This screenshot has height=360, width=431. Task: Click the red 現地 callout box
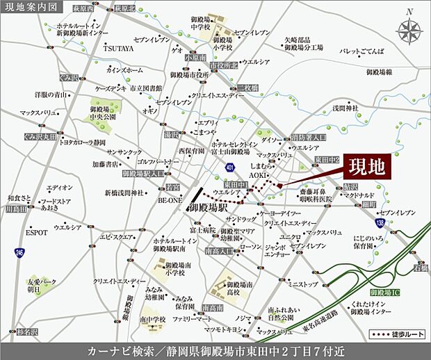click(x=366, y=167)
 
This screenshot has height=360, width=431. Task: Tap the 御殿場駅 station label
click(x=206, y=208)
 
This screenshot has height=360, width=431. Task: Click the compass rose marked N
click(x=410, y=30)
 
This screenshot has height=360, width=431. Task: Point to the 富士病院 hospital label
click(x=201, y=229)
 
